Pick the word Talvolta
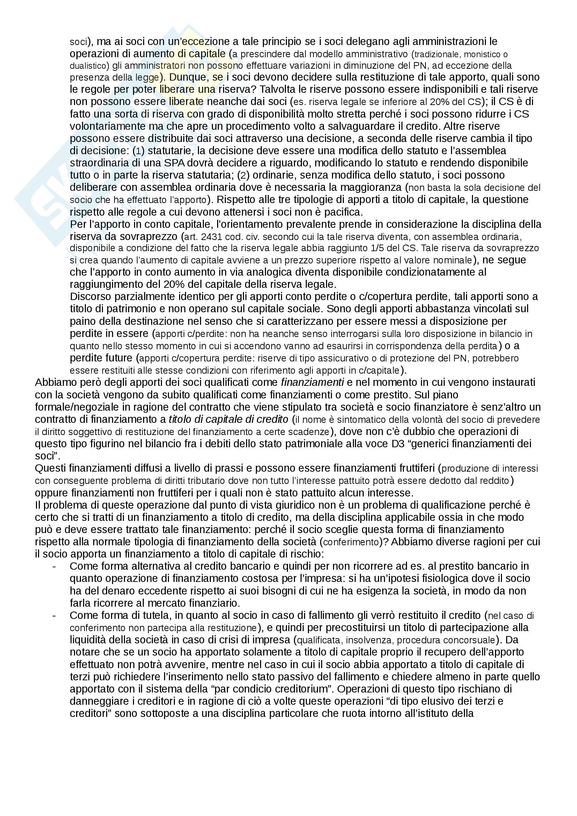click(x=281, y=89)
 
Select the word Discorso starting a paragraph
click(x=90, y=297)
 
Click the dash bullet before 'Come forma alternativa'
click(x=54, y=567)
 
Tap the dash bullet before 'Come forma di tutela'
click(x=54, y=615)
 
